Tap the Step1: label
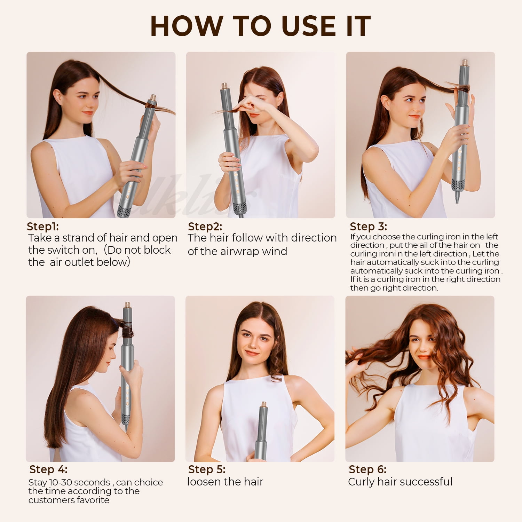[x=43, y=227]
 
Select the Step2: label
[x=205, y=227]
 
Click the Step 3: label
[x=368, y=227]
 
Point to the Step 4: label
[x=48, y=469]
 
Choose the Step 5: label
[x=207, y=469]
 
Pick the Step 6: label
[x=367, y=469]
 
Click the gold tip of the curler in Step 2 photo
[x=224, y=86]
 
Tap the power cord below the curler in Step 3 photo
[x=457, y=197]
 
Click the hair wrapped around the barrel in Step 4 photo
[x=127, y=330]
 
